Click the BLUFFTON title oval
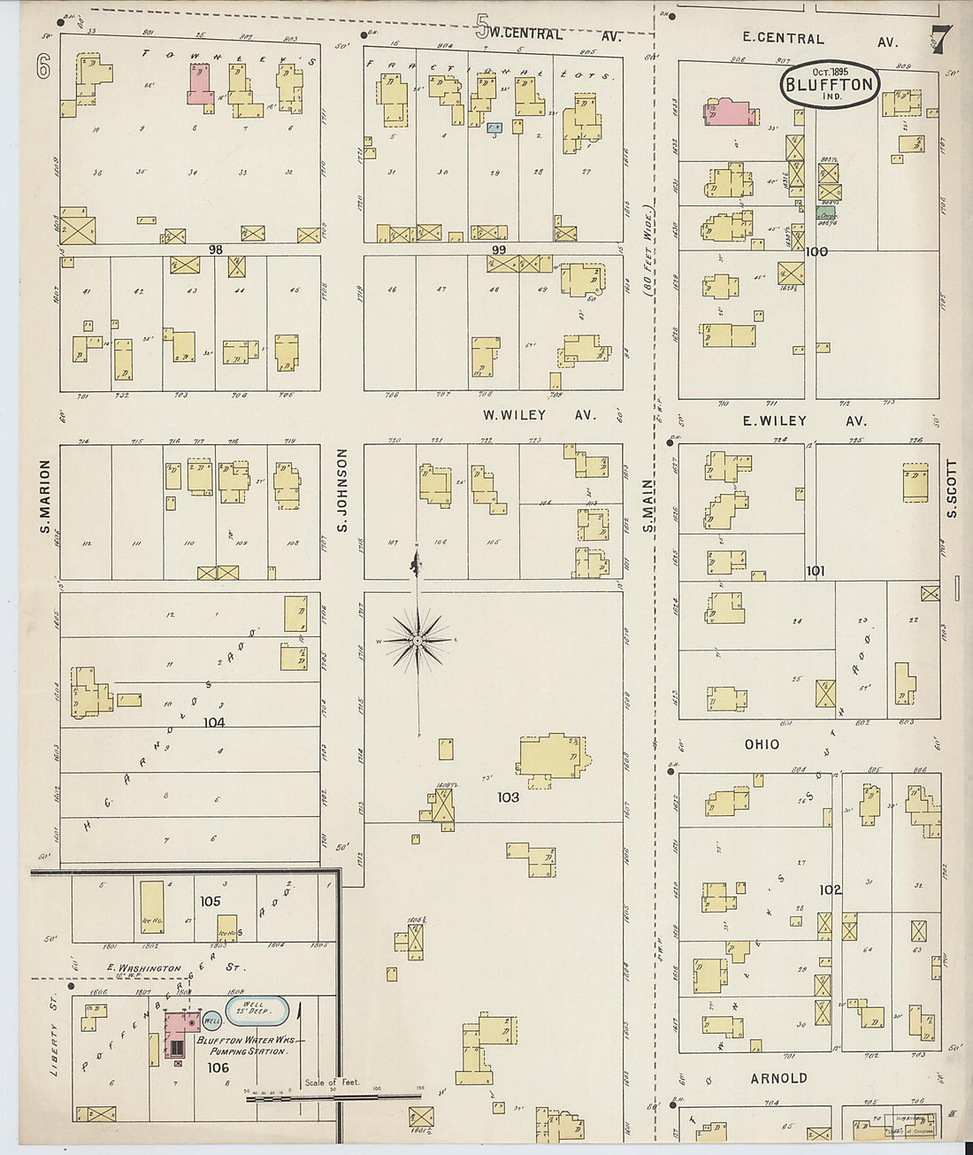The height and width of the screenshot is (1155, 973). (830, 85)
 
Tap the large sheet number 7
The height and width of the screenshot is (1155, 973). (940, 40)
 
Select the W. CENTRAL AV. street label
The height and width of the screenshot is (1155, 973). (548, 34)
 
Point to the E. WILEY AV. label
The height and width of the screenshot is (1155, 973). (804, 421)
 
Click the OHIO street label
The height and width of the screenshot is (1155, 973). (762, 745)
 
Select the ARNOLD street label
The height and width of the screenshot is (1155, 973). (778, 1078)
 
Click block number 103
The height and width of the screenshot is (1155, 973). (508, 797)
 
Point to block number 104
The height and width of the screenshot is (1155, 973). (214, 722)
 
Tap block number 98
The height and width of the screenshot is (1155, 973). (215, 250)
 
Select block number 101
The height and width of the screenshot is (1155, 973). (816, 571)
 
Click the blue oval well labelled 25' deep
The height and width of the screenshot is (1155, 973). (258, 1010)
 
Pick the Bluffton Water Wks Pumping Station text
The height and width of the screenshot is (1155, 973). (249, 1045)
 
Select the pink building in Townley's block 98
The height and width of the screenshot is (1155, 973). (201, 86)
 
